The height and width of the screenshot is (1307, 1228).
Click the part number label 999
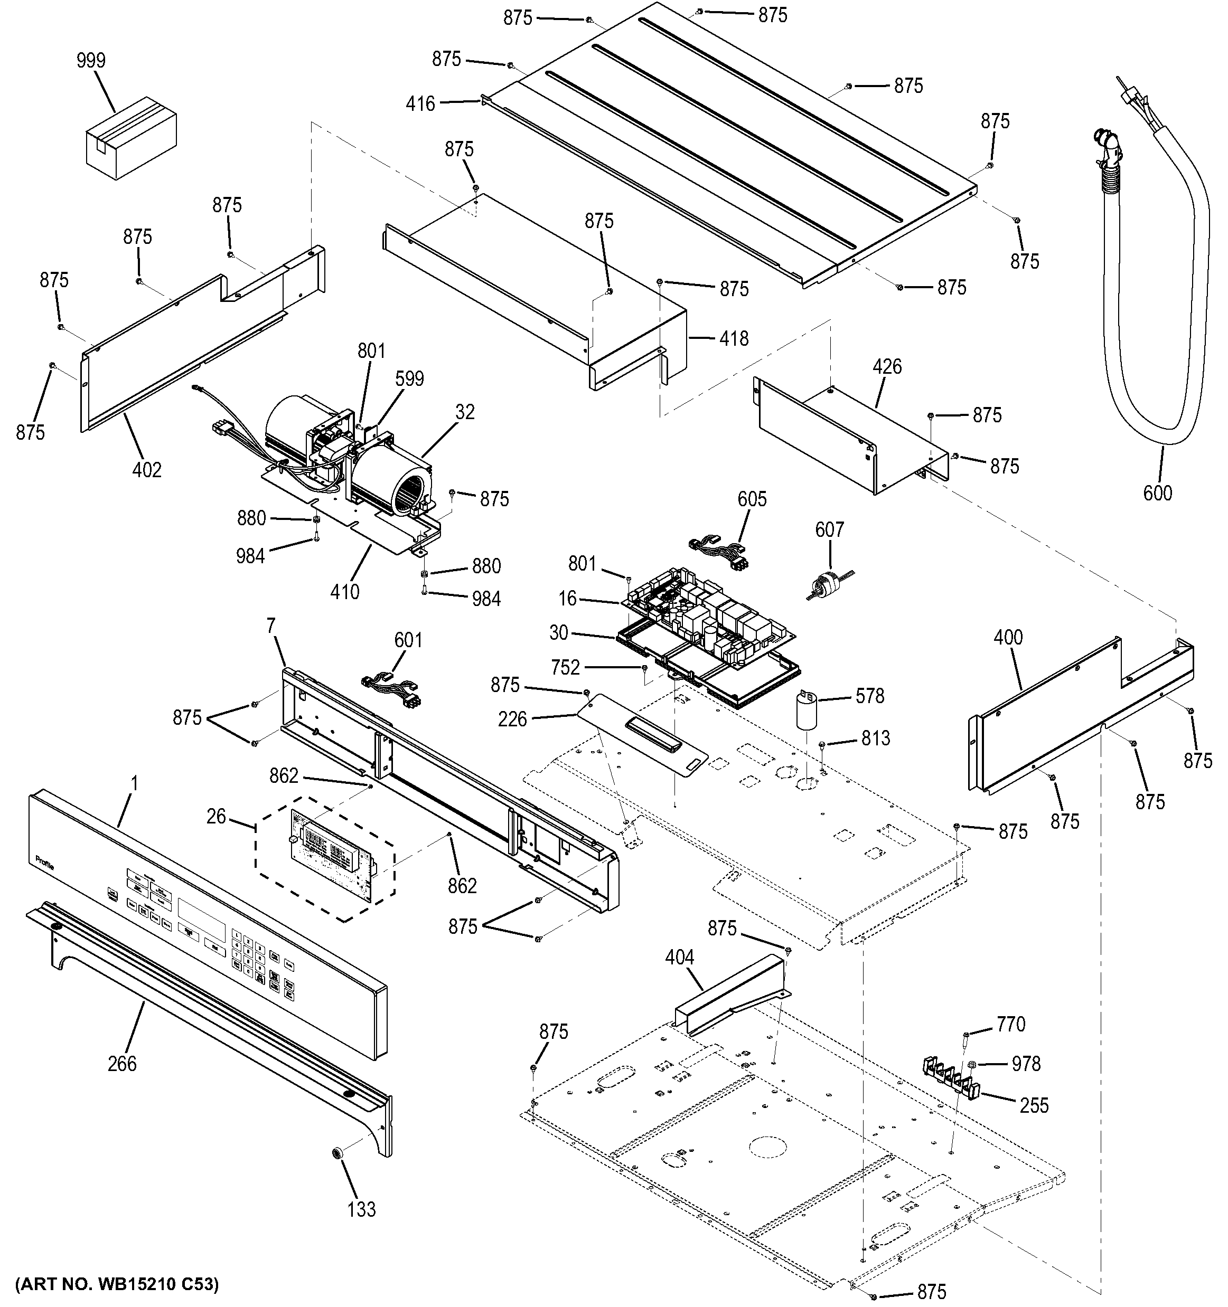click(91, 61)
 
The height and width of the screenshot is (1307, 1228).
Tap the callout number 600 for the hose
click(1157, 493)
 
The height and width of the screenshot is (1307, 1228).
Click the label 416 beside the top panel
click(420, 103)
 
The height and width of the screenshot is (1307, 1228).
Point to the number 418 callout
click(734, 338)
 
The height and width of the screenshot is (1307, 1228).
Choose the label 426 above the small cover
click(887, 367)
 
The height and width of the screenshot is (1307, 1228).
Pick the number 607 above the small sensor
click(829, 529)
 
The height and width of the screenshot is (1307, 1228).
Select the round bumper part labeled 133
click(339, 1170)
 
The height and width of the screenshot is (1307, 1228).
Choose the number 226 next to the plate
click(512, 719)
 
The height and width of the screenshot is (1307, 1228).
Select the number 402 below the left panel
click(147, 470)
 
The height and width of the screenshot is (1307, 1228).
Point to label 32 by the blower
click(464, 412)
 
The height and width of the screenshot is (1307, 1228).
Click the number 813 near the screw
click(876, 738)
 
